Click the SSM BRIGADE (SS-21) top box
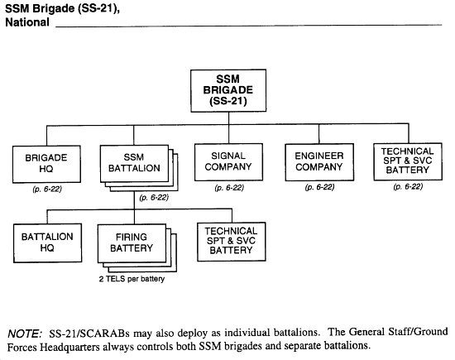(x=228, y=90)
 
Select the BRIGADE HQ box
(x=46, y=164)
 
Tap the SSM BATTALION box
(x=134, y=164)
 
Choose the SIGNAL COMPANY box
(x=228, y=162)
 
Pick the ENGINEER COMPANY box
(x=319, y=162)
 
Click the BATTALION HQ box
(x=47, y=243)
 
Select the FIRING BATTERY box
(x=132, y=243)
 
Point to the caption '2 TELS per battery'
(x=132, y=279)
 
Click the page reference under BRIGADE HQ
(x=47, y=190)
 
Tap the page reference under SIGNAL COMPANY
(x=229, y=188)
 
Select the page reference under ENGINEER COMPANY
(x=319, y=187)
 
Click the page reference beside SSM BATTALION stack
(x=154, y=198)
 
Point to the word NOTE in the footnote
(x=25, y=334)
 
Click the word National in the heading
(x=27, y=22)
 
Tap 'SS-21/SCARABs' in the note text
(x=89, y=334)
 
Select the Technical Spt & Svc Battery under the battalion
(x=232, y=242)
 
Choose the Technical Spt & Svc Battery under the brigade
(x=408, y=161)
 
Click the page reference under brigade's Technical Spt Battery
(x=408, y=187)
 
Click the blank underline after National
(x=249, y=26)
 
